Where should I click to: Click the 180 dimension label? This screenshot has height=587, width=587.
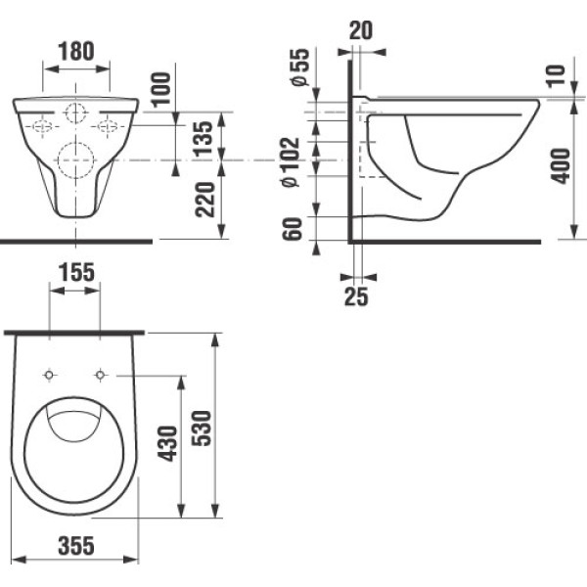pos(75,50)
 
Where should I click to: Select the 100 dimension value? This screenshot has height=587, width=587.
pos(161,89)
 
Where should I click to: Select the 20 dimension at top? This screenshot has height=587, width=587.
pos(362,31)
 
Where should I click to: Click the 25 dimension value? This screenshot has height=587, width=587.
pos(356,295)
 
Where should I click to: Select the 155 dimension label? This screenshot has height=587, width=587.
pos(75,274)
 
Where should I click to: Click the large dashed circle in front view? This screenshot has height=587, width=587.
pos(75,158)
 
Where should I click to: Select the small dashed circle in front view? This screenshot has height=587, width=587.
pos(75,113)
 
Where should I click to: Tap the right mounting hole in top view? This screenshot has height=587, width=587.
pos(100,375)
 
